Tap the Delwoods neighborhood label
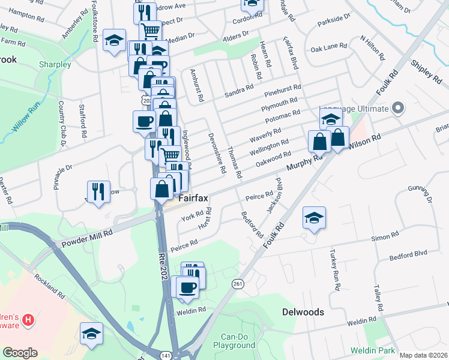pyautogui.click(x=303, y=312)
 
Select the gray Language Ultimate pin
pyautogui.click(x=397, y=109)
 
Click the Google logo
pyautogui.click(x=20, y=353)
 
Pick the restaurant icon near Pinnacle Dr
pyautogui.click(x=98, y=191)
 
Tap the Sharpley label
pyautogui.click(x=55, y=64)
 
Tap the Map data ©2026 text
pyautogui.click(x=423, y=355)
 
